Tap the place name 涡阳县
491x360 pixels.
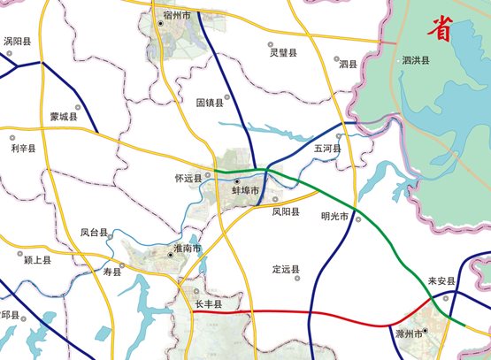pyautogui.click(x=18, y=41)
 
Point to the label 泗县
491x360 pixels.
pyautogui.click(x=348, y=64)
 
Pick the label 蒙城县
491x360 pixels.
pyautogui.click(x=64, y=116)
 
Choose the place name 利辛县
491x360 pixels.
pyautogui.click(x=24, y=149)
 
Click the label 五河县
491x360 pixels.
pyautogui.click(x=326, y=149)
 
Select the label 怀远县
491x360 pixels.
pyautogui.click(x=188, y=178)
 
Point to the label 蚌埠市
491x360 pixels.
pyautogui.click(x=246, y=190)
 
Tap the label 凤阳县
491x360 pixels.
pyautogui.click(x=286, y=212)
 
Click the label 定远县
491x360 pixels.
pyautogui.click(x=286, y=269)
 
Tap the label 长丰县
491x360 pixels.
pyautogui.click(x=209, y=303)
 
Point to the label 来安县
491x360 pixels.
pyautogui.click(x=440, y=281)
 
